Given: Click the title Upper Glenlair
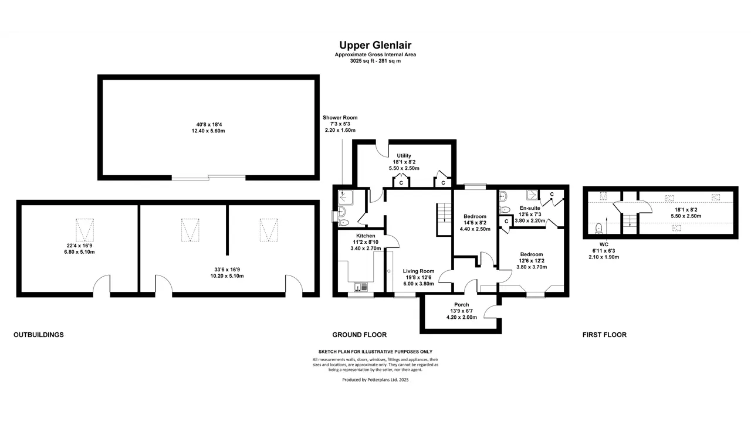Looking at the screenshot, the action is point(375,45).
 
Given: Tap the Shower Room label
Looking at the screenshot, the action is point(340,118).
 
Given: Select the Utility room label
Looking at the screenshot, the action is point(404,156).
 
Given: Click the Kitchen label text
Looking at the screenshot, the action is point(366,236).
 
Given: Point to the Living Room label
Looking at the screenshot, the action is point(418,271).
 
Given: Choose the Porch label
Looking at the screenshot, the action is point(461,305).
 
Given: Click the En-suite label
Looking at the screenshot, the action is point(530,208).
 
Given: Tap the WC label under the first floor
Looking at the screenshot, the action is point(604,244).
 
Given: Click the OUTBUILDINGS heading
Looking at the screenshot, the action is point(39,335).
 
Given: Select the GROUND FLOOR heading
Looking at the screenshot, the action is point(360,335).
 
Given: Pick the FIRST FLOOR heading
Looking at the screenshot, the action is point(604,335).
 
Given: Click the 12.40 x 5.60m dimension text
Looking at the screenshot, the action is point(208,131).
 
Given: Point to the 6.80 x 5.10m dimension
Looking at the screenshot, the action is point(79,252).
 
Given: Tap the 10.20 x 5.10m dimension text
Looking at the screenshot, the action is point(227,276).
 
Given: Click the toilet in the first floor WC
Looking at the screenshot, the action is point(599,229).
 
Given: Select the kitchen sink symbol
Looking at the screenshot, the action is point(361,287).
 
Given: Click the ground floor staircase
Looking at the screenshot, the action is point(444,220).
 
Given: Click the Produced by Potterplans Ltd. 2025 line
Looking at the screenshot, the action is point(375,380).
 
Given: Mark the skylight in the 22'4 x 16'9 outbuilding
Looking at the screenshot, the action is point(85,230).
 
